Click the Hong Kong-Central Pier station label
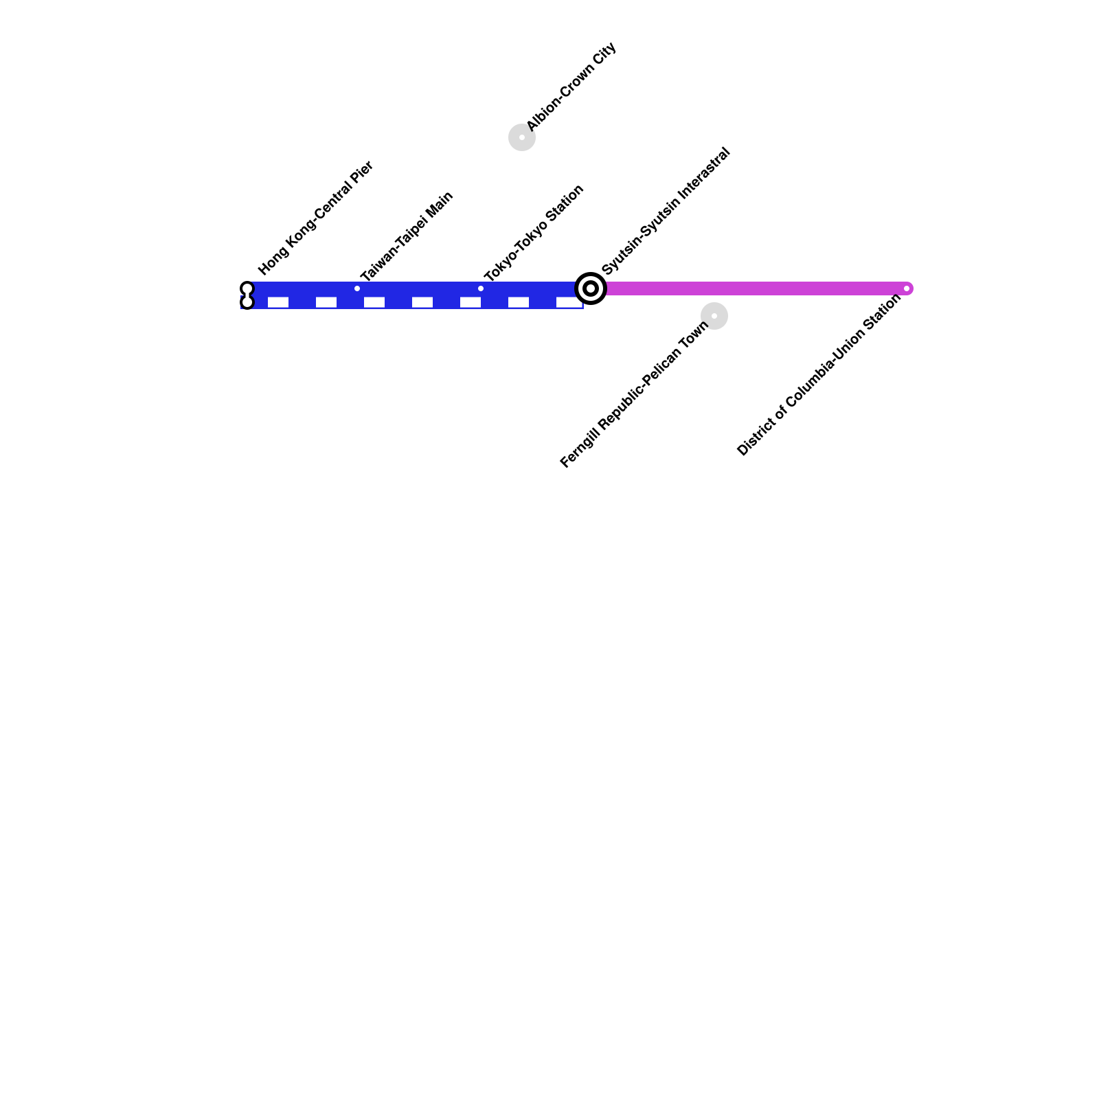click(x=315, y=218)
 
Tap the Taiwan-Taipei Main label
click(x=406, y=237)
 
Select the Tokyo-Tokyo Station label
click(x=534, y=233)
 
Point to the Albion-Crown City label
click(x=571, y=87)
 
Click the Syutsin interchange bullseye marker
click(x=591, y=288)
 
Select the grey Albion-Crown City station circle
click(x=522, y=137)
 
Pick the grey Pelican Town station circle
click(x=714, y=316)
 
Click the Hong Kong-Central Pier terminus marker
click(x=247, y=295)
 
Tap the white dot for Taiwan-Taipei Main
click(x=357, y=288)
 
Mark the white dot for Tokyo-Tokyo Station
click(x=481, y=288)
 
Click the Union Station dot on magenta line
click(x=907, y=288)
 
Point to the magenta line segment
click(x=756, y=288)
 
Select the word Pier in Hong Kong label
click(x=362, y=172)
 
